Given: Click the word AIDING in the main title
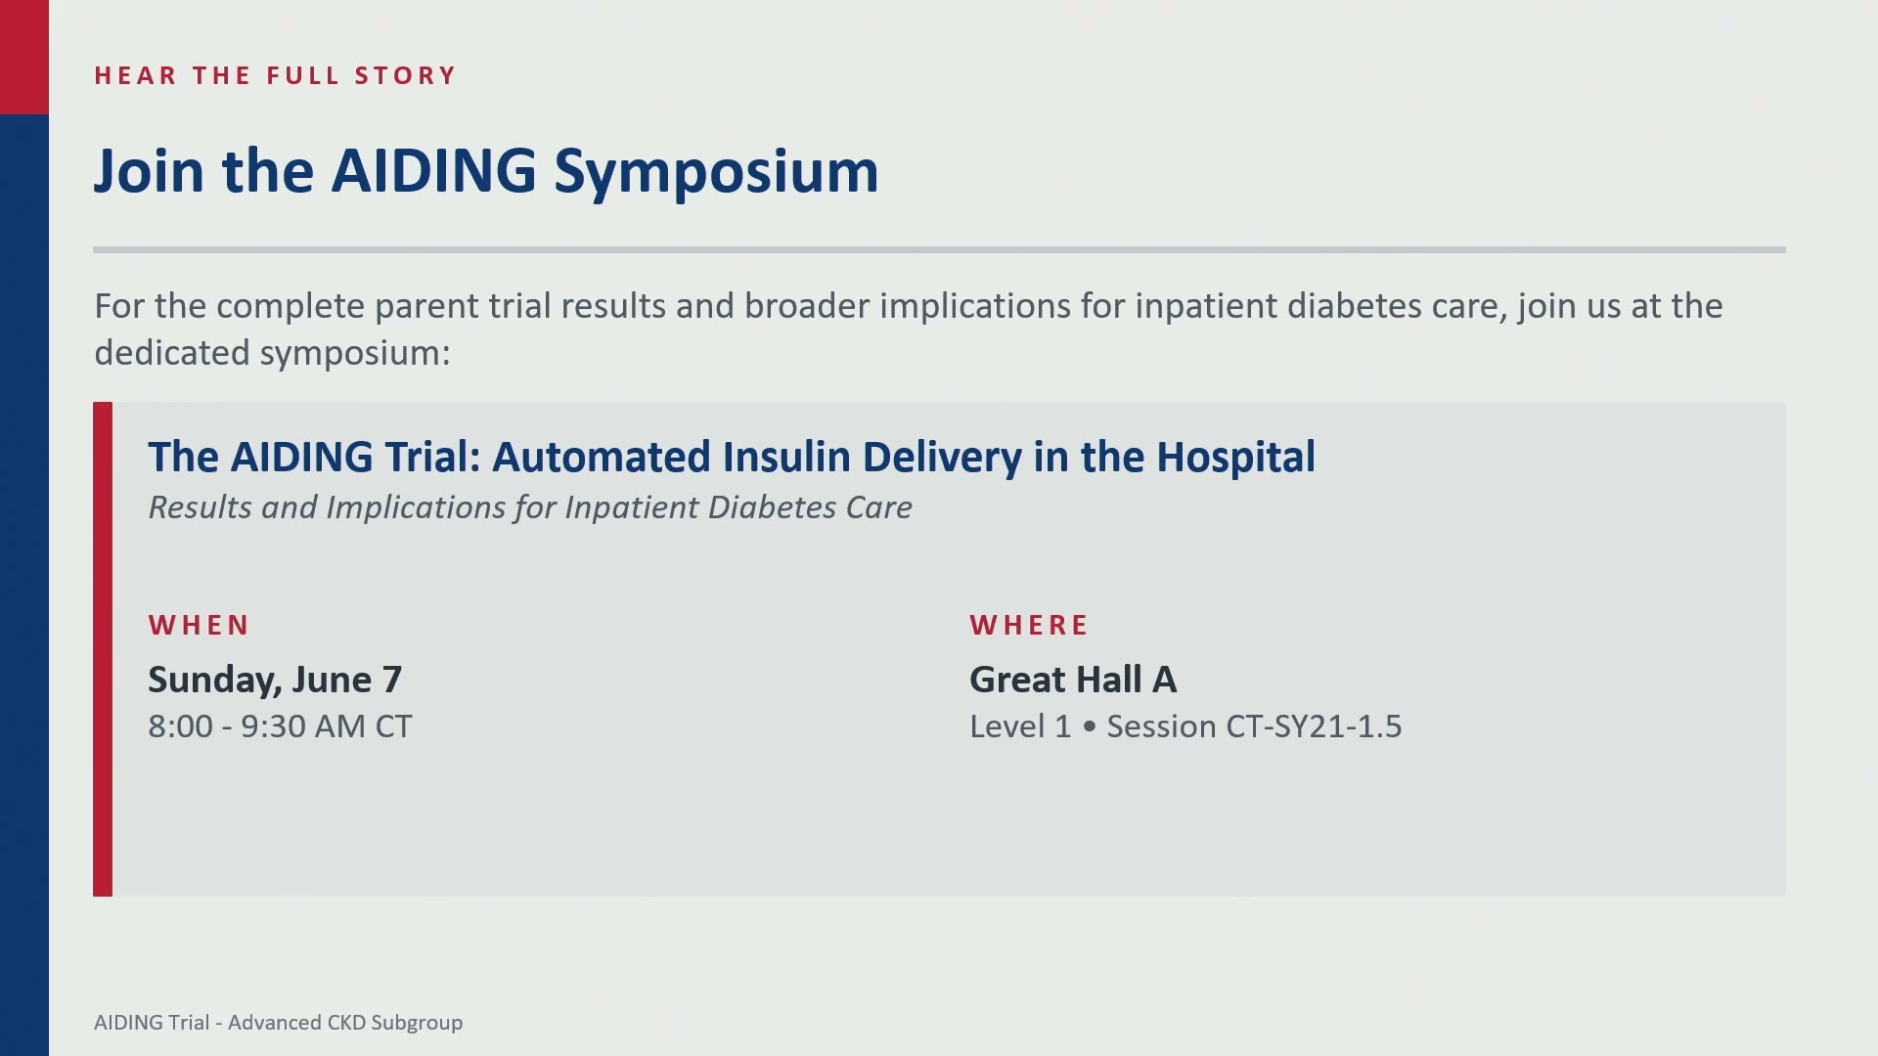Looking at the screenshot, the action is [434, 170].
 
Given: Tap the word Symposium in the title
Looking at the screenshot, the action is [716, 174].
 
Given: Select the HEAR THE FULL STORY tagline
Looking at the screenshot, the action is [275, 75].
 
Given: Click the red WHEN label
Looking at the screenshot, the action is [199, 625].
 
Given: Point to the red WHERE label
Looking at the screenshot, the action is [1029, 625].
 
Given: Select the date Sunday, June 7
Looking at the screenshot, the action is [275, 680].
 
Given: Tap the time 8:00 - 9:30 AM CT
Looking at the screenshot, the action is [280, 726].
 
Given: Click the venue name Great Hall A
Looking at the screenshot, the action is [1073, 680].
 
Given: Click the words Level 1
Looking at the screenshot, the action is [1020, 726].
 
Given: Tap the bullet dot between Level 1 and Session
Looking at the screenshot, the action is [1090, 727].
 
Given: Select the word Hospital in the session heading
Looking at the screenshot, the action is [1235, 458].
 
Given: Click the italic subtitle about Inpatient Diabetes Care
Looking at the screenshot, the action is [530, 507].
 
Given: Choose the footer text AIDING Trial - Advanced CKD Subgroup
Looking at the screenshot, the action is [279, 1023].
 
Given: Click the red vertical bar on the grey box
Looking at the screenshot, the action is [103, 649].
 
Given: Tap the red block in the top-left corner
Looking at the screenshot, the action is [24, 57].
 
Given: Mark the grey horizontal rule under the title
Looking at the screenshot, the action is [939, 250].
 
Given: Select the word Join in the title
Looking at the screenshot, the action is [149, 172].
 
